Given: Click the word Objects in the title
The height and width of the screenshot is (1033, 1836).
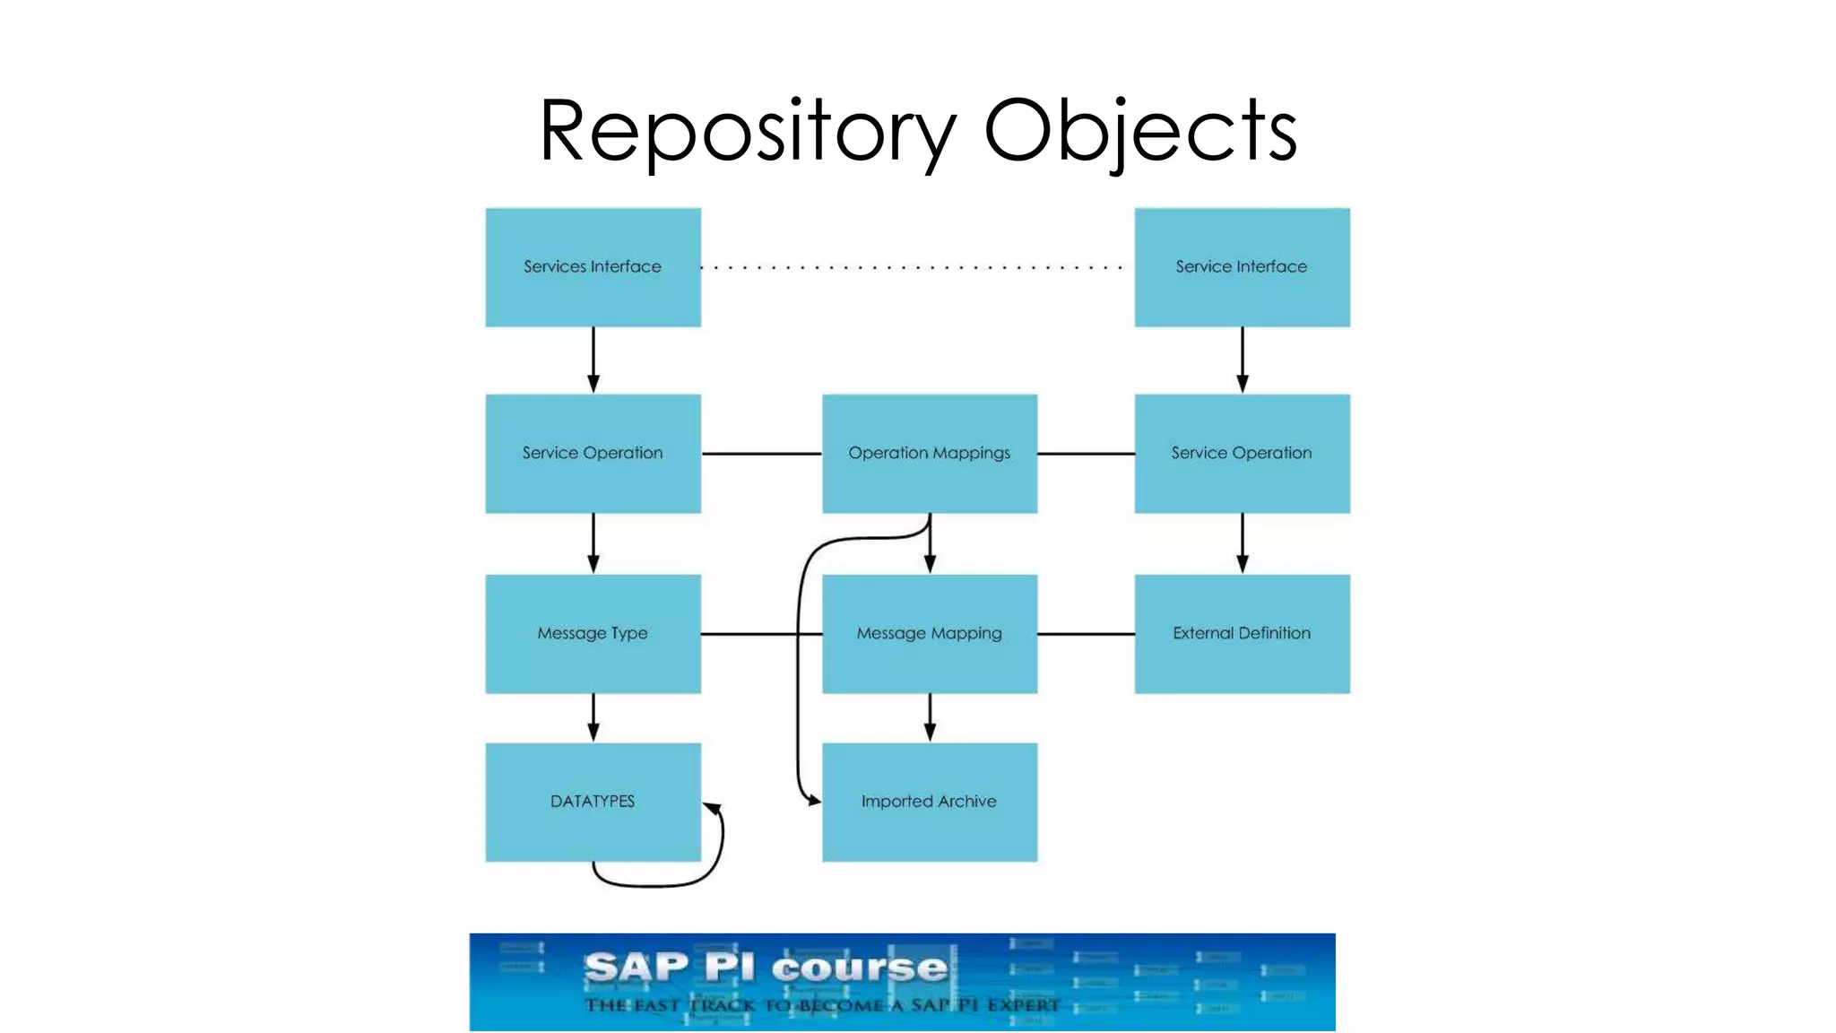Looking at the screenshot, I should (x=1140, y=131).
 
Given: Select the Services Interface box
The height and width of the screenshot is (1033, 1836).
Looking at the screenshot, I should (x=593, y=267).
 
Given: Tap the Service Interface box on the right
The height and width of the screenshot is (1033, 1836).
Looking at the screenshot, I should (x=1242, y=267).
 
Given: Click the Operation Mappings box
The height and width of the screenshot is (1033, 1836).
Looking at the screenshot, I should (x=930, y=454).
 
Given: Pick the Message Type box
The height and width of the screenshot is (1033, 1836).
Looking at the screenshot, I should (x=593, y=634).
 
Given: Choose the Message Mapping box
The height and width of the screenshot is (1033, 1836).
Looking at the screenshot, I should (x=930, y=634).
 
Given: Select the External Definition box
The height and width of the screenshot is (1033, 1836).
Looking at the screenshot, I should (x=1242, y=634).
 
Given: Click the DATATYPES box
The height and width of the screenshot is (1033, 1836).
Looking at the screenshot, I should (x=593, y=802).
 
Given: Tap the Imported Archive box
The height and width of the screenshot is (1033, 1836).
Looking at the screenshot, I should (x=930, y=802).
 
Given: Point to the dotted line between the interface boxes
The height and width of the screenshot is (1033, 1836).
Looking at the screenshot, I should (x=914, y=267).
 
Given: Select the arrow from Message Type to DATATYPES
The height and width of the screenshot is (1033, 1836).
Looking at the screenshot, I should (x=593, y=717).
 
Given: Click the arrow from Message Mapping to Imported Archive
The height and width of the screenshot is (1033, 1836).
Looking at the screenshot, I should (x=930, y=717).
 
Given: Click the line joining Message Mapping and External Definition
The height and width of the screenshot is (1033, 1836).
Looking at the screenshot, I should (x=1086, y=634).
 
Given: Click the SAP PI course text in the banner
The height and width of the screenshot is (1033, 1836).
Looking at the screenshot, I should (x=766, y=968).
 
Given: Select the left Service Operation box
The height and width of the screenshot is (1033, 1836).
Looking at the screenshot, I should (x=593, y=454).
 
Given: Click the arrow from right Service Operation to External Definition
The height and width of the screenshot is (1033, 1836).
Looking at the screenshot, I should (x=1242, y=543).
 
